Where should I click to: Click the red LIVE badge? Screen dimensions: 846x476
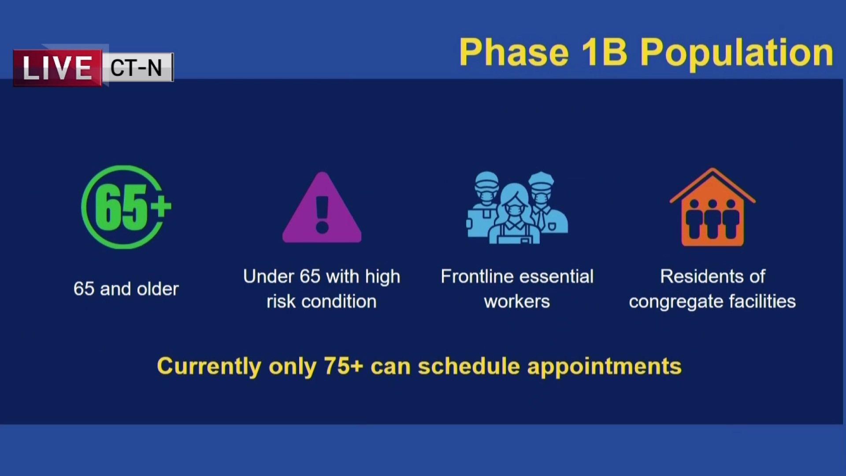coord(58,68)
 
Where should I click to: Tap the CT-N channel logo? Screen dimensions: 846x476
coord(137,67)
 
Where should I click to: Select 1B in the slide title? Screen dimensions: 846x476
coord(604,52)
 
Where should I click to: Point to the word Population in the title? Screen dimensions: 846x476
coord(736,54)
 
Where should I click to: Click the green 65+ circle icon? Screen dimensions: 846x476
coord(126,207)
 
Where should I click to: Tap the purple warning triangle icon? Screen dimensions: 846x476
coord(322,207)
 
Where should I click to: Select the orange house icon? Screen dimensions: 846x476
coord(712,207)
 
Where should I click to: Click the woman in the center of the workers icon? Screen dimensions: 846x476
coord(514,216)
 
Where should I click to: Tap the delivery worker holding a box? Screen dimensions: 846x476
coord(483,205)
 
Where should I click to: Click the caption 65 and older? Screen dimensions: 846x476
coord(126,289)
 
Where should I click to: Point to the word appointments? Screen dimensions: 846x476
coord(605,367)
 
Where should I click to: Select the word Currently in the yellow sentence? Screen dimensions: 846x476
coord(209,367)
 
